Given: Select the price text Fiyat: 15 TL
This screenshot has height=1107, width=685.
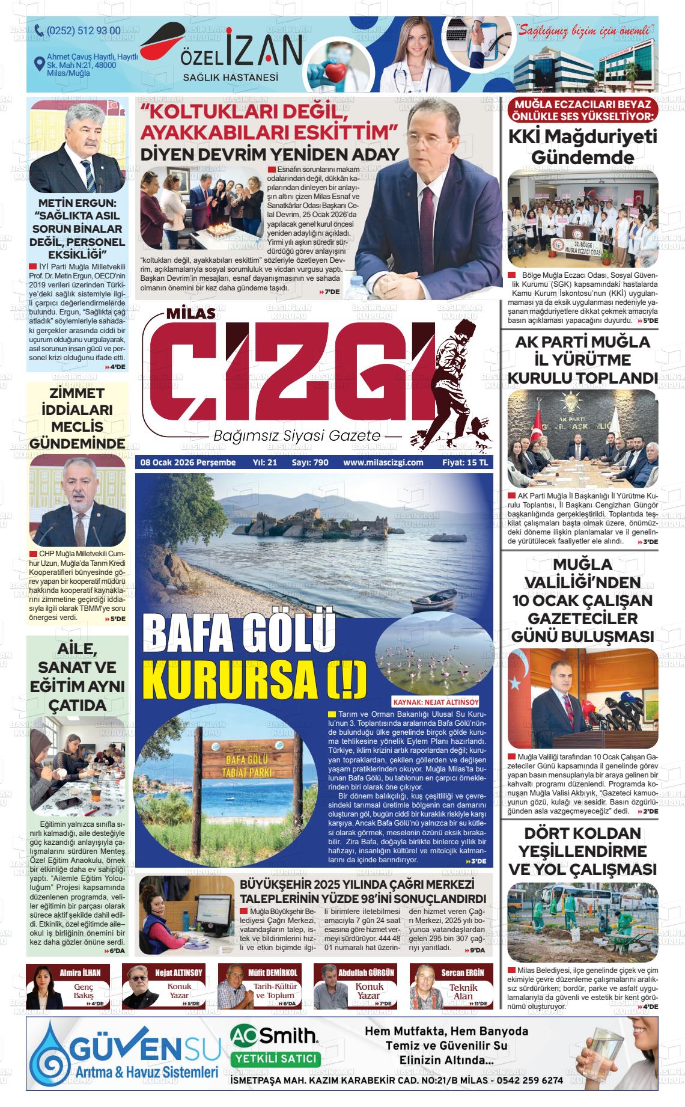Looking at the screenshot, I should pyautogui.click(x=466, y=462).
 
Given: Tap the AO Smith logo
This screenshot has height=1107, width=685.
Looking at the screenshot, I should pyautogui.click(x=273, y=1035).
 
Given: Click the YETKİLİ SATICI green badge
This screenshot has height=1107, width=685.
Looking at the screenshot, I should pyautogui.click(x=275, y=1058).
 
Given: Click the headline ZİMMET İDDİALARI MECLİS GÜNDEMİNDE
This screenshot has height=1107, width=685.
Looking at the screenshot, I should pyautogui.click(x=78, y=419).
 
